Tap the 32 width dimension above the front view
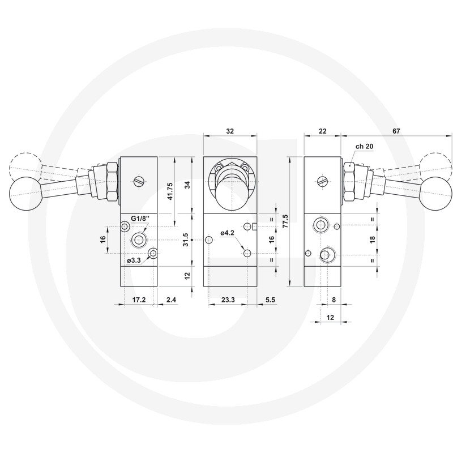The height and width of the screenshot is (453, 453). (229, 131)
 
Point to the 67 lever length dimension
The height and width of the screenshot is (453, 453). (396, 131)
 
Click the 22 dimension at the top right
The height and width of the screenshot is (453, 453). (323, 131)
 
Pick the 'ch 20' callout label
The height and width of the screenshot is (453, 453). (364, 146)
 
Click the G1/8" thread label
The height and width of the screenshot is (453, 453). (140, 218)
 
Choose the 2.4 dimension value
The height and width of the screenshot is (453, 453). (170, 300)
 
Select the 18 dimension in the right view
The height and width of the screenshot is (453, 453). (372, 240)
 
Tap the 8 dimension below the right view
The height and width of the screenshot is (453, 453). (334, 300)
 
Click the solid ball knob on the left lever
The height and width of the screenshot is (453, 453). (24, 193)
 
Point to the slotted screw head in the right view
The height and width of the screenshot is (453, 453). (323, 181)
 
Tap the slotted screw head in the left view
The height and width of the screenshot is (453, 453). (139, 181)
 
